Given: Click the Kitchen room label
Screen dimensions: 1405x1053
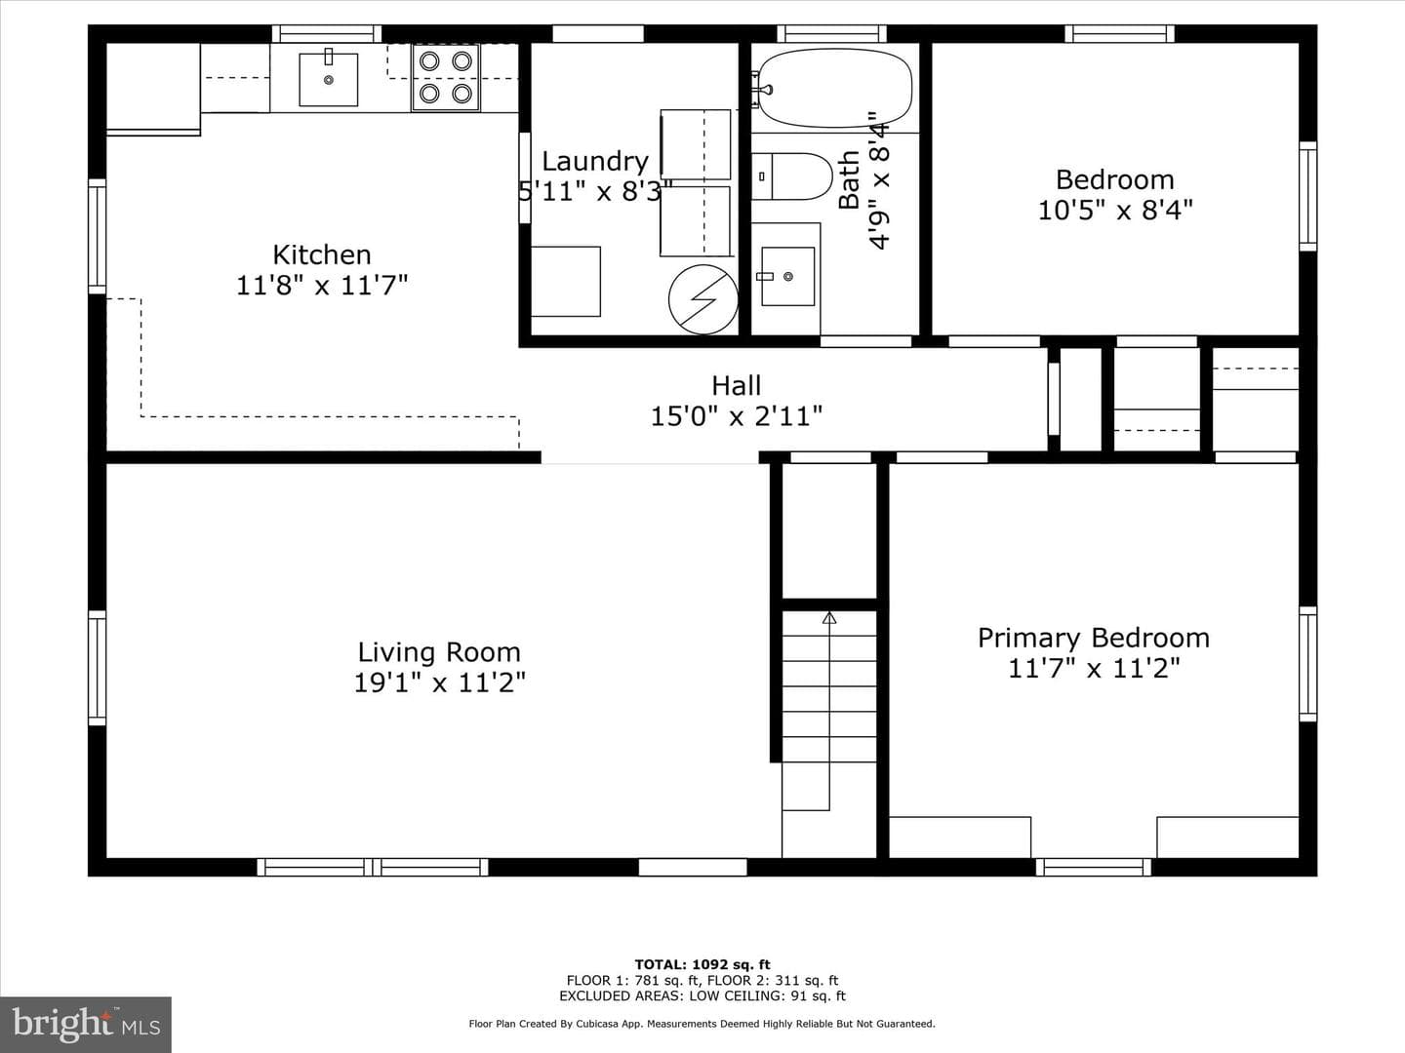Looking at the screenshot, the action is coord(322,255).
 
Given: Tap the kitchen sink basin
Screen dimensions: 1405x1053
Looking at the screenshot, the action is coord(329,79).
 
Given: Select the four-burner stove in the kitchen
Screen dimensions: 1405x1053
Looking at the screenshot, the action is coord(446,77).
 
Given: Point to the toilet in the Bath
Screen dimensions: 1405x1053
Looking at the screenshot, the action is coord(792,176).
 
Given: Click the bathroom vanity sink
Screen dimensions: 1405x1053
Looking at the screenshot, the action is coord(787,276).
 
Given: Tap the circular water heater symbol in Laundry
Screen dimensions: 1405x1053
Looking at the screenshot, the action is coord(702,299).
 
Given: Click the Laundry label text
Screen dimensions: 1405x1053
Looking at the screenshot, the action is coord(595,162).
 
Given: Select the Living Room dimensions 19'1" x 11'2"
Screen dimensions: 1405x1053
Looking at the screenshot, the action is coord(440,682).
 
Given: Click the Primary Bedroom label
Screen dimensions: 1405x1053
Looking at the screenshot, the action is coord(1094,638).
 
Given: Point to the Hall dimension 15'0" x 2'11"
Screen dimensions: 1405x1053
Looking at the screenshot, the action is coord(736,416).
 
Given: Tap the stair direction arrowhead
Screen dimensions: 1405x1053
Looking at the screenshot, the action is coord(829,617).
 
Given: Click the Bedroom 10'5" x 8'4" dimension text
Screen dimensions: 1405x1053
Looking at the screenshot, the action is coord(1115,210).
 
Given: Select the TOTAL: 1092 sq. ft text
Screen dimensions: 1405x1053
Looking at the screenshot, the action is coord(702,965).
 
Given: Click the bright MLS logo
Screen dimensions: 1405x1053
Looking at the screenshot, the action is coord(86,1025).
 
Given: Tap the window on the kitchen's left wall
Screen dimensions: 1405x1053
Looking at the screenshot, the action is coord(98,237).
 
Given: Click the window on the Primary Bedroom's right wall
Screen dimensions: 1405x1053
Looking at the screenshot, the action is coord(1307,664).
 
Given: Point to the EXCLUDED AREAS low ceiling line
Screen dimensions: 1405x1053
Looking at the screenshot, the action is coord(702,995).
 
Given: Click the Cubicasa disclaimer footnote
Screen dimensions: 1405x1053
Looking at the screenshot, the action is coord(702,1024).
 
